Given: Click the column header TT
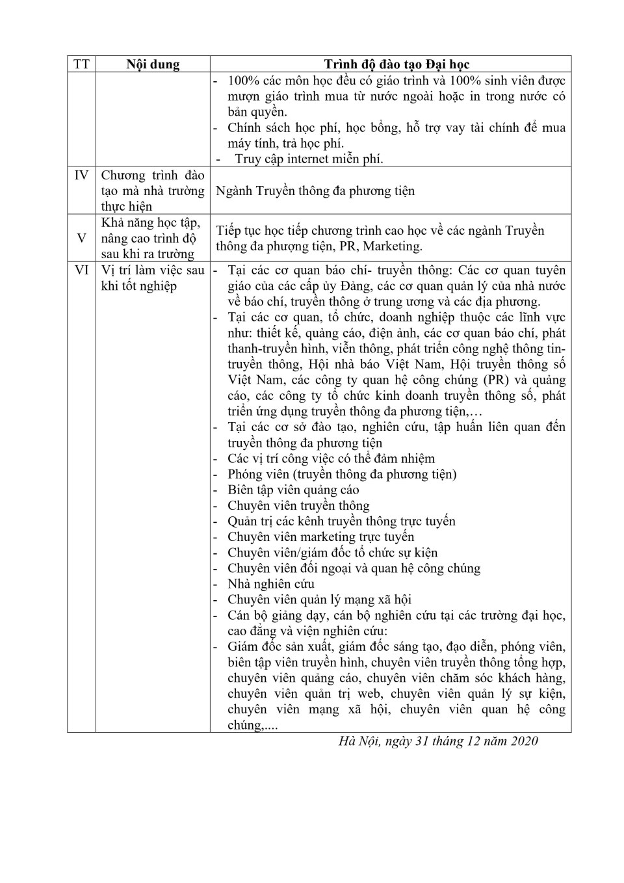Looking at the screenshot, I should (x=81, y=64).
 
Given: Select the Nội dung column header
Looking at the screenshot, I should (x=153, y=64).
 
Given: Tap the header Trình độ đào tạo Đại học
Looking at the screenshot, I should (x=396, y=64).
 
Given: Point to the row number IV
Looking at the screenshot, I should (x=81, y=175).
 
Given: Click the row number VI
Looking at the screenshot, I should (x=81, y=270).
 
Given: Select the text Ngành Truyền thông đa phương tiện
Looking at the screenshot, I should (x=315, y=191).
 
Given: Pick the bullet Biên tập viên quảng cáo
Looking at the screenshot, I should (x=293, y=490).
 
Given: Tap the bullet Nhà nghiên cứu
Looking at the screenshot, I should (x=271, y=584).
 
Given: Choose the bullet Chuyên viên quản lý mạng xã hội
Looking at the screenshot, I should (x=319, y=600).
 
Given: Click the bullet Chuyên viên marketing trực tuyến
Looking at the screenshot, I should (x=320, y=536).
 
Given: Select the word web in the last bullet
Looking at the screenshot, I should (x=370, y=693).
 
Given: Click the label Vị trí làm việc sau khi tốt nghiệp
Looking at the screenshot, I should (x=152, y=278).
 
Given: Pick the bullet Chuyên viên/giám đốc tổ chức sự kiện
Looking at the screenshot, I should (x=332, y=553).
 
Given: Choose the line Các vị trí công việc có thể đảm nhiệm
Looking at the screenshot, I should (x=331, y=458).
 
